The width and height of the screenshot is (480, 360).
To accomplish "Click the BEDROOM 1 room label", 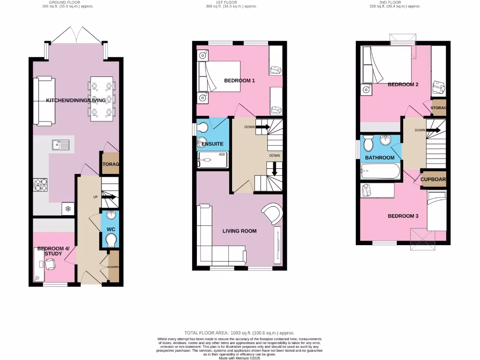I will coord(239,81).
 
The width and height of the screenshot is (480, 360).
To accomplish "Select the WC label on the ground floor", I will coord(111,229).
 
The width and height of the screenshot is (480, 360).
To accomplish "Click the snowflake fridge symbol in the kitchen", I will coord(67,209).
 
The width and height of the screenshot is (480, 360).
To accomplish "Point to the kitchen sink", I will coord(61,145).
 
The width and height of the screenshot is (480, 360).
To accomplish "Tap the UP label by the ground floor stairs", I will coord(95,197).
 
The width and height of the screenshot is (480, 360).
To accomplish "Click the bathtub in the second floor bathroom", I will coord(380,172).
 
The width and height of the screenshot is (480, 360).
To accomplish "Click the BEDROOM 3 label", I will coord(403,216).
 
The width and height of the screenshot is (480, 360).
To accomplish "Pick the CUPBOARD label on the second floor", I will coord(433,179).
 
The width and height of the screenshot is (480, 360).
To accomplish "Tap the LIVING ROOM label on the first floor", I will coord(239,231).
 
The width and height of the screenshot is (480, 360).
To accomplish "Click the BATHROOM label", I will coord(379,157).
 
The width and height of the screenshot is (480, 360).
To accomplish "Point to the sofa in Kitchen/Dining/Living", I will coord(44,101).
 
